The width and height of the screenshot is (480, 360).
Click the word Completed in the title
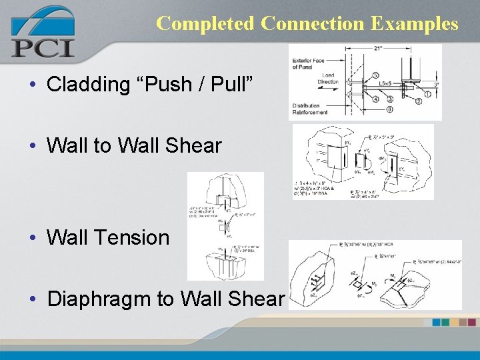(x=205, y=23)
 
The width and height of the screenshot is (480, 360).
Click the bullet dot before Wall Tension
(x=32, y=237)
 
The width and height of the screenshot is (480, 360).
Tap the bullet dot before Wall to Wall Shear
(x=32, y=146)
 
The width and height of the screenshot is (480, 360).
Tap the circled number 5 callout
(x=376, y=75)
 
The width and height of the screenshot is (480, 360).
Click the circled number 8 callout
(x=389, y=109)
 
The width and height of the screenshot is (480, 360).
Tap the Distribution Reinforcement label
(x=310, y=109)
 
